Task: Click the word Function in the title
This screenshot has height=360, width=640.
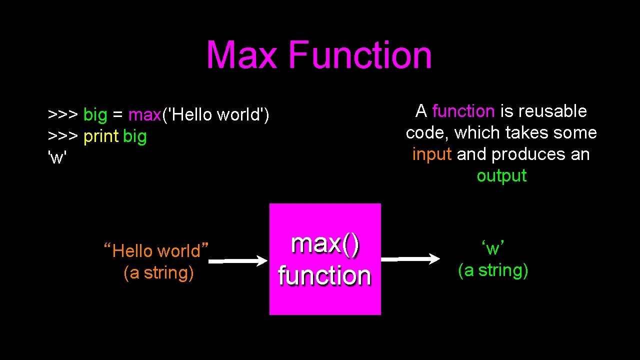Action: click(x=360, y=55)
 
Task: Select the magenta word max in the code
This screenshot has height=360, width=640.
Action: click(x=144, y=115)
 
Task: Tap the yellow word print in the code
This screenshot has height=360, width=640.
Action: click(x=101, y=136)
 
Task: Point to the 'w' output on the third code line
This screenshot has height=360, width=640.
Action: click(x=57, y=157)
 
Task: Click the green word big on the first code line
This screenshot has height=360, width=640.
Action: click(x=95, y=115)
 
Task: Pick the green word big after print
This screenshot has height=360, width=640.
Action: click(x=134, y=136)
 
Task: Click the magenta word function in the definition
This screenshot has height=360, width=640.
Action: click(x=463, y=111)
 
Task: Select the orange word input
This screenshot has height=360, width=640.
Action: click(x=432, y=154)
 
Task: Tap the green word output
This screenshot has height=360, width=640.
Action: click(x=501, y=176)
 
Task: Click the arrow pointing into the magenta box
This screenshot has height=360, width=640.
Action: click(x=238, y=261)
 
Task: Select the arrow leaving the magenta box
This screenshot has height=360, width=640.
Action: click(x=410, y=259)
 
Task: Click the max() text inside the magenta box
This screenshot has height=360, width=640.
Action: click(x=325, y=244)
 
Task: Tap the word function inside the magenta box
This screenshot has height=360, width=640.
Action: click(x=325, y=275)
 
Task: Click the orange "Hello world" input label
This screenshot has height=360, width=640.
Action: click(x=156, y=250)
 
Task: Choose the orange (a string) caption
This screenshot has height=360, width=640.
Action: click(x=158, y=272)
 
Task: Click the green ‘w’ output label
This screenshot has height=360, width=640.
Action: click(x=493, y=248)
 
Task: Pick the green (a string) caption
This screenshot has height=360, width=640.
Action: click(x=493, y=270)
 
